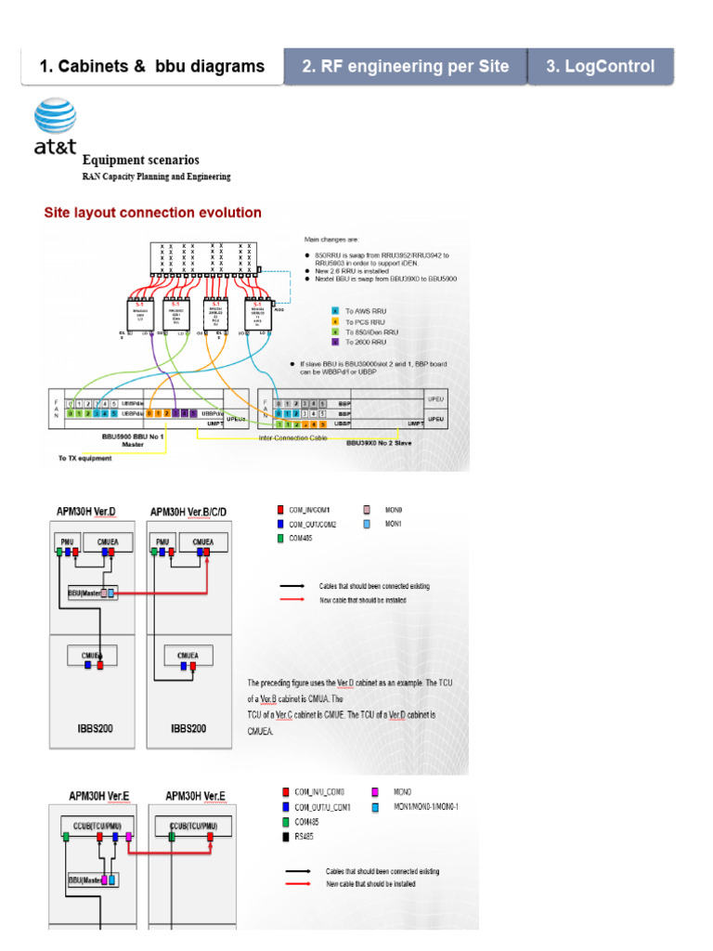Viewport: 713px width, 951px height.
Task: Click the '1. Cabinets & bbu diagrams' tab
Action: pos(152,67)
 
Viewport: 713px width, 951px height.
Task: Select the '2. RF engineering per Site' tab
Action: pos(405,67)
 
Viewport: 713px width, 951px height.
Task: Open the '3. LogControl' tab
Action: pos(600,67)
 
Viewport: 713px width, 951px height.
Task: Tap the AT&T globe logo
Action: pos(56,118)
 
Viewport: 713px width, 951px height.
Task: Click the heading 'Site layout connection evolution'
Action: pos(153,213)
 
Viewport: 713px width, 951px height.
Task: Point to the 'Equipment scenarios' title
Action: pos(141,161)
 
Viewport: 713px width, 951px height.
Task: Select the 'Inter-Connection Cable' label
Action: pos(293,436)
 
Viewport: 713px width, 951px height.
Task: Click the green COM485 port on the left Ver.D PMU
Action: pos(58,552)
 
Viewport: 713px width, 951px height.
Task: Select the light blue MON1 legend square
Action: pos(367,525)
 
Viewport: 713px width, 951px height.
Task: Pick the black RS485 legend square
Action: pos(286,837)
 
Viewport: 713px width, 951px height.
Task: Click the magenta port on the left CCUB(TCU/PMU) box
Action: pos(130,837)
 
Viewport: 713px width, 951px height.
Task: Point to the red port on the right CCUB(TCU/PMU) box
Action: pos(211,837)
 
